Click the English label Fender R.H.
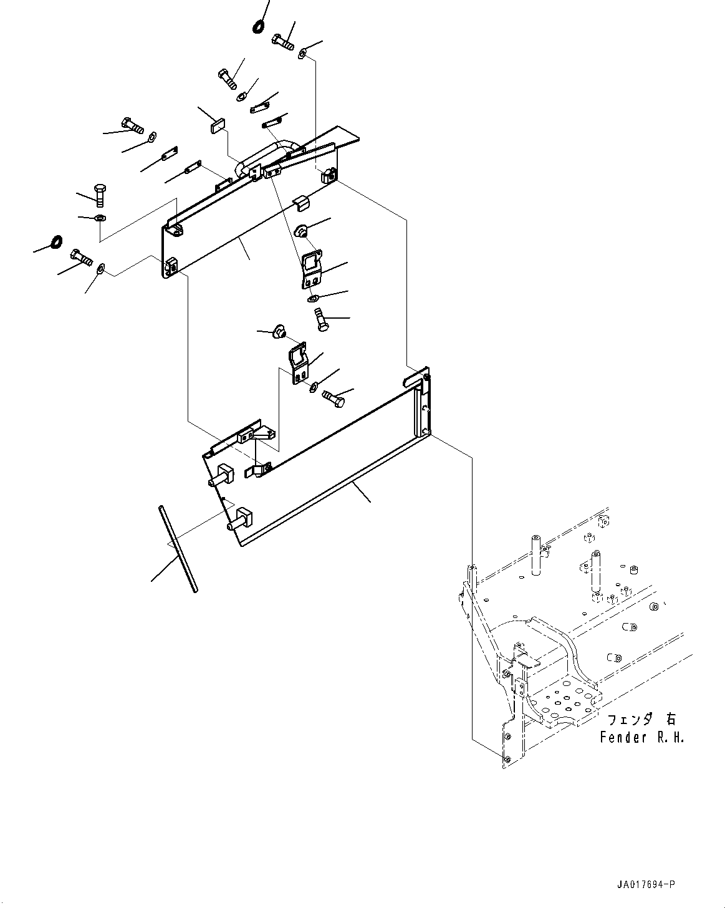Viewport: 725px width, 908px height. [x=641, y=738]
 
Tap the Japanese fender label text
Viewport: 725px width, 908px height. [x=641, y=719]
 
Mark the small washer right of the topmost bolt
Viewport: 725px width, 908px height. [x=301, y=54]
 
